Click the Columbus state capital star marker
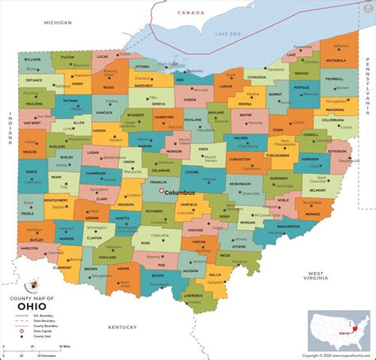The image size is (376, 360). click(161, 190)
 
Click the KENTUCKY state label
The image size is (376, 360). click(122, 327)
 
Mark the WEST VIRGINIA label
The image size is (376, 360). click(317, 276)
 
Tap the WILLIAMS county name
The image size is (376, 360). click(33, 59)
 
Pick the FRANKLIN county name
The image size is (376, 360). click(158, 182)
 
